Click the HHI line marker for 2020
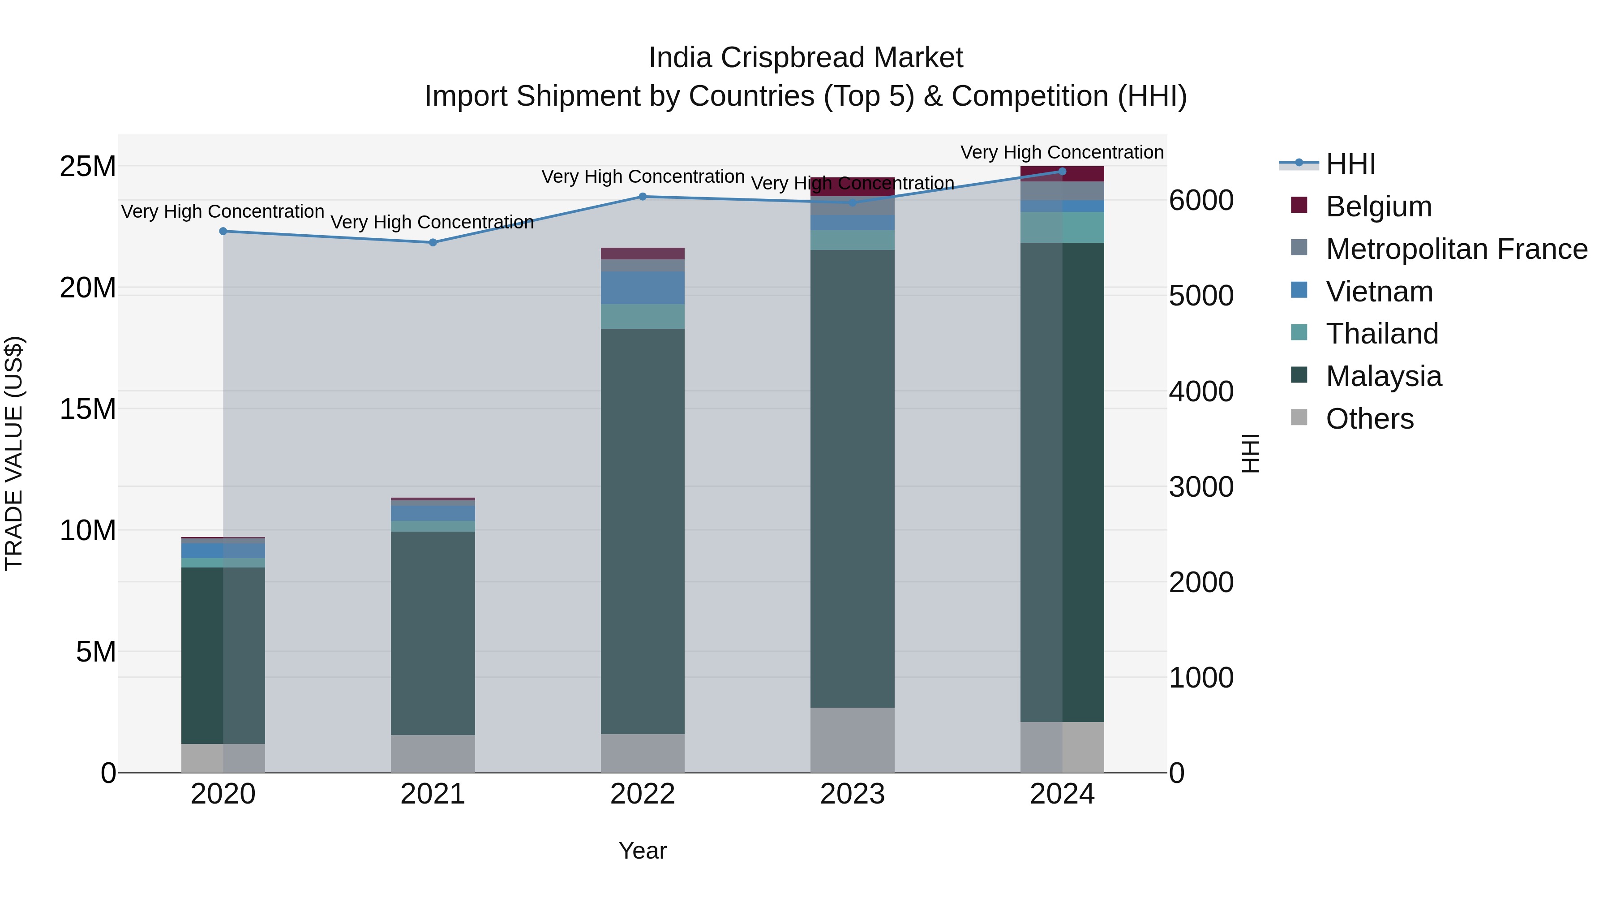[223, 231]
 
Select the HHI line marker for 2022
[643, 197]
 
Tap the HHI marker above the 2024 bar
[1062, 171]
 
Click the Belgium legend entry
[1377, 206]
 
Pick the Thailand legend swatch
[1299, 332]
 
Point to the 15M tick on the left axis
[88, 409]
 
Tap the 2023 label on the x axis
[852, 794]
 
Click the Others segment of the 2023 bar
[852, 740]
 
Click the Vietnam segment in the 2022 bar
[643, 288]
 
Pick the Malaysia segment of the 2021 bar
[433, 633]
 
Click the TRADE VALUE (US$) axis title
[14, 453]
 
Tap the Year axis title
[643, 851]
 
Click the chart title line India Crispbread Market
[806, 58]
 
